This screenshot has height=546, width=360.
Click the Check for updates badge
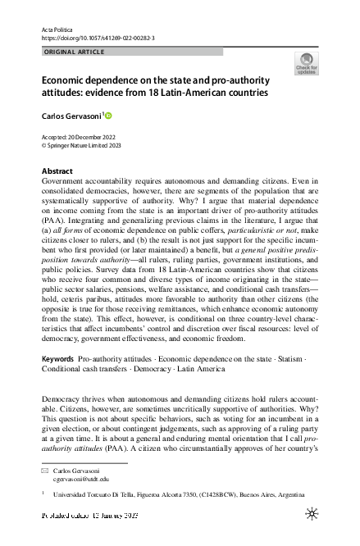(x=306, y=64)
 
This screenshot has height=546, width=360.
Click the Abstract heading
(x=57, y=170)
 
